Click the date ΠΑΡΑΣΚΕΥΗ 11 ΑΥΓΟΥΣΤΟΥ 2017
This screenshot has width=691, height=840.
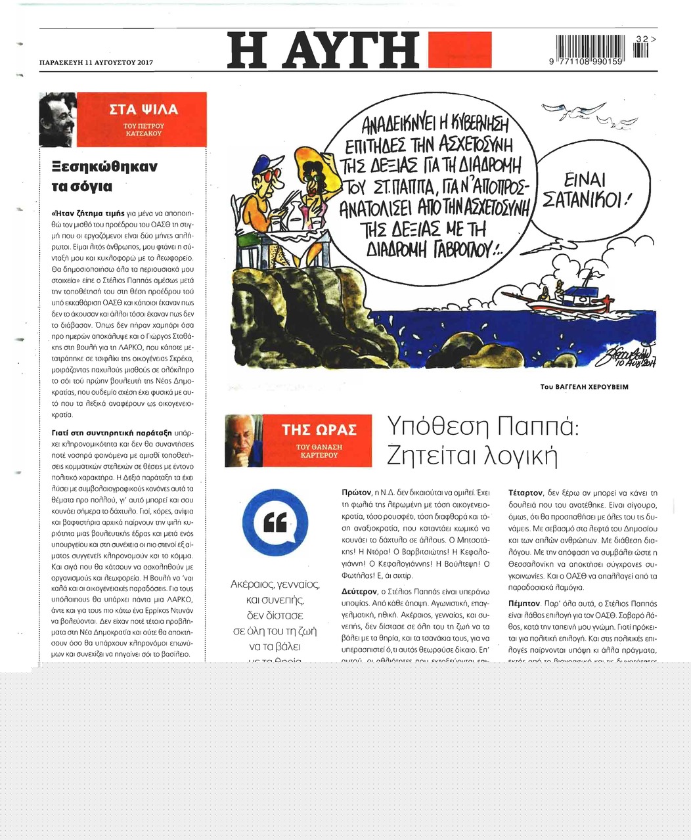[x=96, y=63]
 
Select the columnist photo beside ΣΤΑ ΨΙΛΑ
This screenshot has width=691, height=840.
[x=58, y=119]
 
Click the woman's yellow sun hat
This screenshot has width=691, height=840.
[x=314, y=158]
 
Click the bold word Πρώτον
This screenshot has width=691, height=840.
[x=357, y=492]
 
